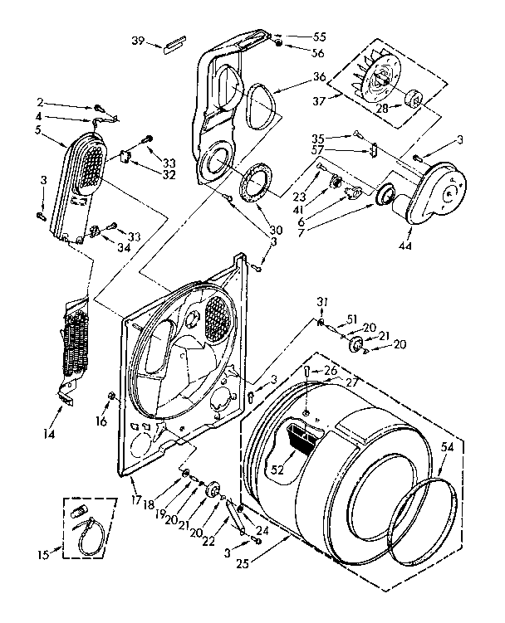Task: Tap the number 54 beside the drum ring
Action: [448, 447]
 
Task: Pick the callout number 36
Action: [296, 76]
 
